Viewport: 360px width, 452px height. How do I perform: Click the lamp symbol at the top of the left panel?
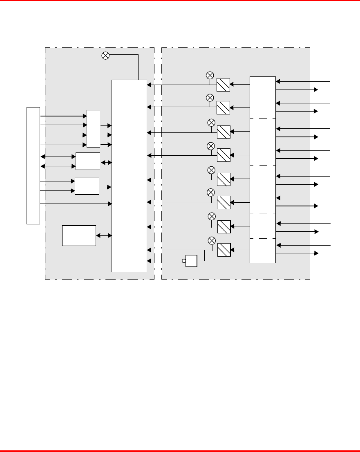tap(105, 56)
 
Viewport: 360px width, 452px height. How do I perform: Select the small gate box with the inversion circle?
tap(191, 261)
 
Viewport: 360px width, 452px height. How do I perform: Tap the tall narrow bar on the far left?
tap(33, 166)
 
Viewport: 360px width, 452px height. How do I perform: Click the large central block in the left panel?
tap(129, 176)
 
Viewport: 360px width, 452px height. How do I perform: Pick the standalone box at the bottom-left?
tap(79, 235)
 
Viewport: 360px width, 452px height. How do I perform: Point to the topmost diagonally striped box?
tap(224, 85)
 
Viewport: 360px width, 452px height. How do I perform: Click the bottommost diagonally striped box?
tap(224, 250)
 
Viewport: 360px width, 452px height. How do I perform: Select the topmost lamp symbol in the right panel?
tap(210, 75)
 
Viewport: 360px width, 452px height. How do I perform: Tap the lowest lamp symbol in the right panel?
tap(212, 240)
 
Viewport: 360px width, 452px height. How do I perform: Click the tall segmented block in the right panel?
tap(263, 170)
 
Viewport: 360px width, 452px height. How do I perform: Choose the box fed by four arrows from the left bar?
tap(93, 128)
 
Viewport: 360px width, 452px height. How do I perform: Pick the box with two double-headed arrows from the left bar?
tap(88, 161)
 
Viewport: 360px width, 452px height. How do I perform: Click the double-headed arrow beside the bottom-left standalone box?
tap(104, 236)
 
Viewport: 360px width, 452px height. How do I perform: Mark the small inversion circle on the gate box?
tap(184, 260)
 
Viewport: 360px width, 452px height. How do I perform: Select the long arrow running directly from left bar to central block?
tap(76, 203)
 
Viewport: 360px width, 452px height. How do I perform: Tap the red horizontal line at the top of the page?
tap(180, 1)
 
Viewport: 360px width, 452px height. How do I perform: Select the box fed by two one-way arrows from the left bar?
tap(87, 186)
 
